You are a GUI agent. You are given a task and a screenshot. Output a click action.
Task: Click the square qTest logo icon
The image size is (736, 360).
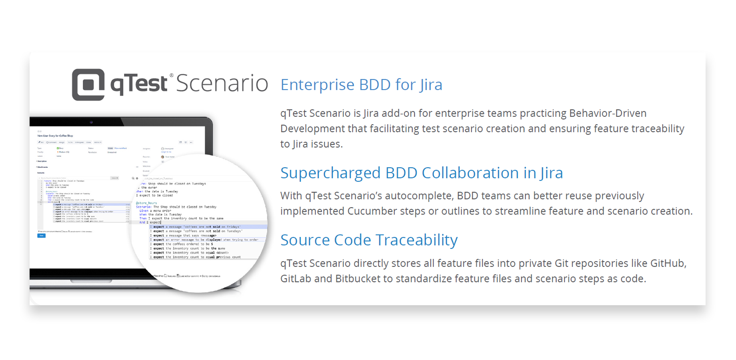point(88,84)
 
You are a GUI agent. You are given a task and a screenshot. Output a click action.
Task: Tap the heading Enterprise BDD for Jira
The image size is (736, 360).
point(361,85)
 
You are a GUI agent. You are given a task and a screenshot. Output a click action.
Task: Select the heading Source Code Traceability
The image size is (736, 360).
point(368,240)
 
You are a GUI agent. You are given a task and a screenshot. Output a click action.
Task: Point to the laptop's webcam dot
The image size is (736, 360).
point(91,122)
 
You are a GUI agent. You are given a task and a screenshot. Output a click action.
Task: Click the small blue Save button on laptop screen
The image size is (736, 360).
point(41,236)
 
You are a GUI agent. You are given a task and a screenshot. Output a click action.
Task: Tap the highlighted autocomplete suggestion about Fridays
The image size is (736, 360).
point(198,227)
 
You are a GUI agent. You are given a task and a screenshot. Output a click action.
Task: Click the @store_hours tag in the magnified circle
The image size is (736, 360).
point(146,203)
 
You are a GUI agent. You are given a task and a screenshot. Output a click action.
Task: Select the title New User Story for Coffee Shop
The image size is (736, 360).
point(55,136)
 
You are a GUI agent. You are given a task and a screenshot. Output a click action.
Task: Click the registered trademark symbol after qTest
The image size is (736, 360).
point(172,75)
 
